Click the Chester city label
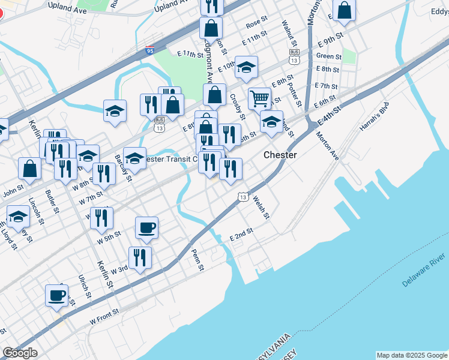coord(280,155)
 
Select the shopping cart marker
coord(259,97)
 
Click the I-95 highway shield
coord(150,51)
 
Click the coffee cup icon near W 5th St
coord(146,227)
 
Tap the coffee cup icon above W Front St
coord(58,295)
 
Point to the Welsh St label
coord(262,207)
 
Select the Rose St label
coord(256,22)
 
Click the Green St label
coord(329,56)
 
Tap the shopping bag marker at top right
coord(345,10)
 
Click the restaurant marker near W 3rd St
coord(140,258)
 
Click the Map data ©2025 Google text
coord(411,355)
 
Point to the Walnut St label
coord(290,34)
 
